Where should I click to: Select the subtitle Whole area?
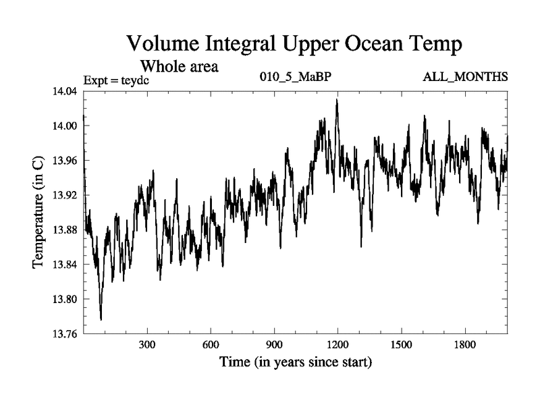coord(179,67)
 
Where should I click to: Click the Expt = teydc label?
coord(116,80)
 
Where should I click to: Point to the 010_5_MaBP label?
coord(296,76)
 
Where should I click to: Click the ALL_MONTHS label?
coord(465,76)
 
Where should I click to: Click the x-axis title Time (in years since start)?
coord(296,362)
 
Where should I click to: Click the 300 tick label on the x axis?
coord(147,344)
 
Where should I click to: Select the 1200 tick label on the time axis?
coord(337,344)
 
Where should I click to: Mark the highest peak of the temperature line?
coord(336,100)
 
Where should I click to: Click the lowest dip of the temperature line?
coord(101,319)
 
